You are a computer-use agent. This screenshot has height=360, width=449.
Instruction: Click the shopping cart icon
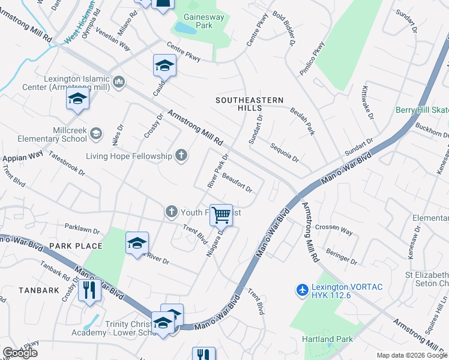pos(221,214)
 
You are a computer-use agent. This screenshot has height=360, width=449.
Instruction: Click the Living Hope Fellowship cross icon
pos(181,157)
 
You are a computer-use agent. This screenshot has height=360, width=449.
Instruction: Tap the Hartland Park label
pos(328,340)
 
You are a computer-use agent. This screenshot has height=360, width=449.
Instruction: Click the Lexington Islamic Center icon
pos(118,82)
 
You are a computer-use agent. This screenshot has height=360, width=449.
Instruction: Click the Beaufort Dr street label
pos(237,182)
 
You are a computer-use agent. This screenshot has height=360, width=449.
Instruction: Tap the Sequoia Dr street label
pos(284,152)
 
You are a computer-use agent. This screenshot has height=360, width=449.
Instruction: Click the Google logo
pos(20,353)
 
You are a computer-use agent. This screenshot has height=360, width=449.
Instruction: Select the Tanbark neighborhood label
pos(38,290)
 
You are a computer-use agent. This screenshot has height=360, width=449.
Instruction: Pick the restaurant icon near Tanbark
pos(90,290)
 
